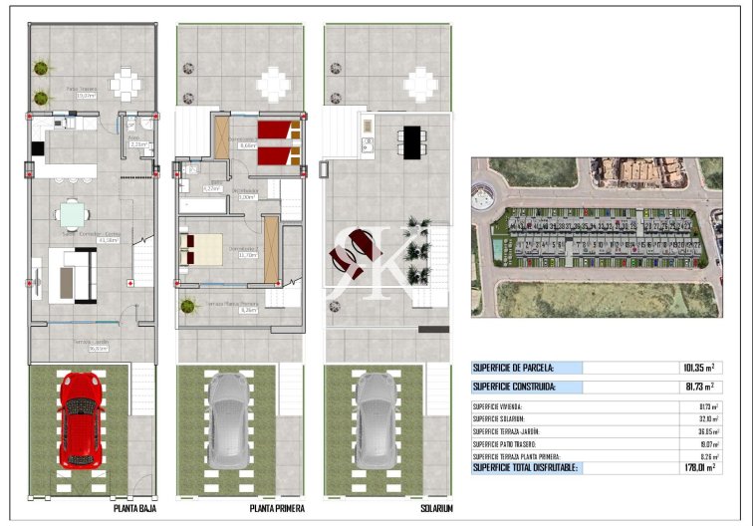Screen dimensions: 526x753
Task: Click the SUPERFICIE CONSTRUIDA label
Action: [x=513, y=387]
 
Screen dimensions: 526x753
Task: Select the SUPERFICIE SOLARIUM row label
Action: [x=501, y=418]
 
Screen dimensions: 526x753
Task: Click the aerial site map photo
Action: [x=597, y=237]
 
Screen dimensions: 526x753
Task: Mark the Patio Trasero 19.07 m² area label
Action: [x=82, y=95]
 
